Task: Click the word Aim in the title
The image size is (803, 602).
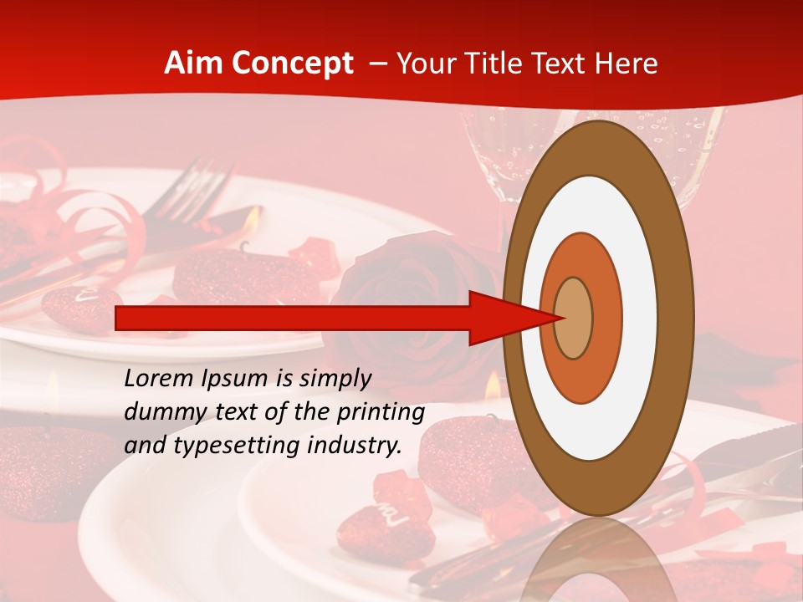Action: (x=194, y=64)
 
